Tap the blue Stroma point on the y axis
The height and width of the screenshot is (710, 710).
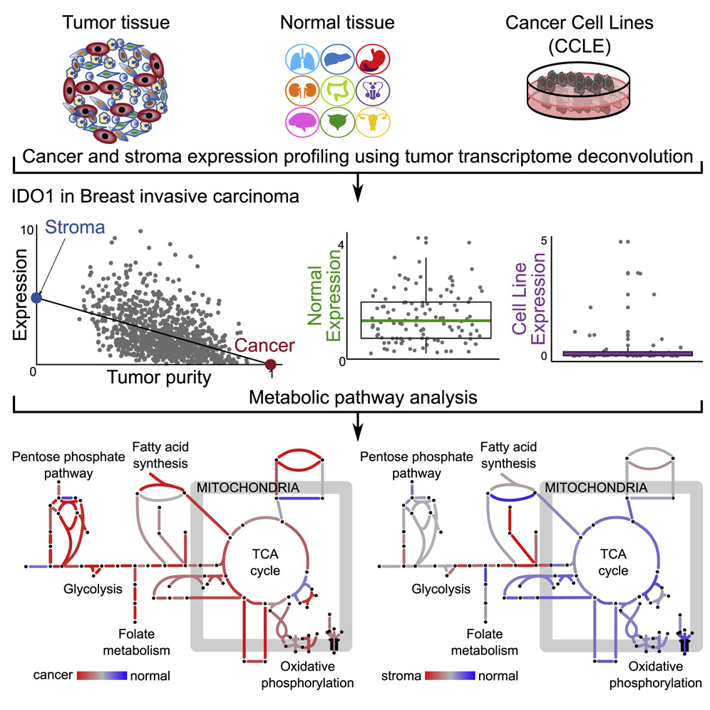[x=38, y=297]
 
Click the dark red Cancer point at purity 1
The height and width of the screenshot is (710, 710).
[x=271, y=365]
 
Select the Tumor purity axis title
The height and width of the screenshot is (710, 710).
[x=153, y=378]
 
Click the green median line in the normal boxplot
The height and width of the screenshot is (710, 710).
[x=426, y=320]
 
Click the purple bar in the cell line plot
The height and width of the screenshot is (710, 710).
[x=627, y=353]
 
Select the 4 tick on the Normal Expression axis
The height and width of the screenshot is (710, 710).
[x=341, y=244]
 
